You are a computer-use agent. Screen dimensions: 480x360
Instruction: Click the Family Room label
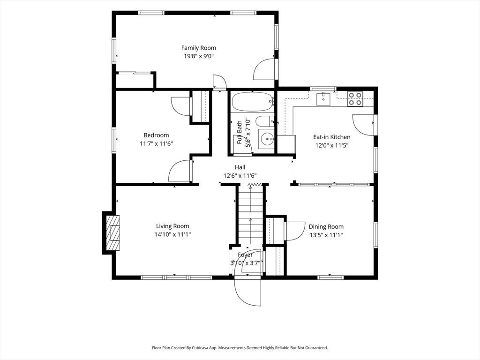tap(199, 48)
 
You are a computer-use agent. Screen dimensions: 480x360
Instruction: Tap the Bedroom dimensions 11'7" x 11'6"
tap(157, 143)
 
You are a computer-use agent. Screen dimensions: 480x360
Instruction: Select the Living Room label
tap(172, 226)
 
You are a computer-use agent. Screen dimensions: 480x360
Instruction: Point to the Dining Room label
tap(326, 227)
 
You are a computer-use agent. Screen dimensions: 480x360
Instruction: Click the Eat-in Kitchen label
tap(332, 137)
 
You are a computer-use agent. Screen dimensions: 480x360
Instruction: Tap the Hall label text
tap(240, 167)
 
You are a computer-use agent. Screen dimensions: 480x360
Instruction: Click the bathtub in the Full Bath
tap(253, 102)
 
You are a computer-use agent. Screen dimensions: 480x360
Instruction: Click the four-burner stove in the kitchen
tap(355, 99)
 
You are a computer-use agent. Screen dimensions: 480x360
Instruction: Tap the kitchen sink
tap(323, 98)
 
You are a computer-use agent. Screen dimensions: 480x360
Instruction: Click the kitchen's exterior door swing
tap(363, 125)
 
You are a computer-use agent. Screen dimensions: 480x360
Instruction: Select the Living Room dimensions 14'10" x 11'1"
tap(173, 235)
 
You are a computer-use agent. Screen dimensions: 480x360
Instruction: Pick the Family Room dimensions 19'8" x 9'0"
tap(199, 56)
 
